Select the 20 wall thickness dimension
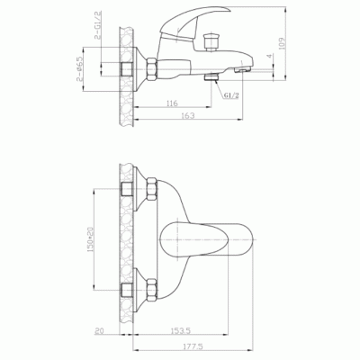coord(101,331)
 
